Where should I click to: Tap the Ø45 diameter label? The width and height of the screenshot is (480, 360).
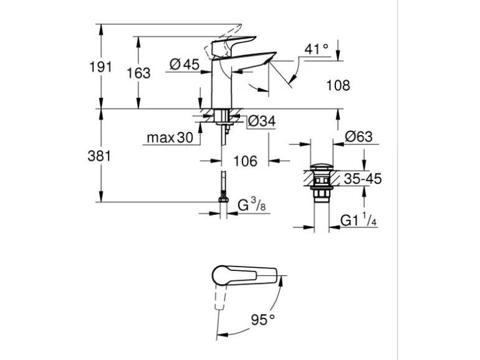coord(183,64)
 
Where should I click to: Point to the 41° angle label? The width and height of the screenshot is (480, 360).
coord(317,49)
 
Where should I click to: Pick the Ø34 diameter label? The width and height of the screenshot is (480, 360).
coord(261,122)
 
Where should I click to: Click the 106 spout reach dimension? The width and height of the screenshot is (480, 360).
coord(245,161)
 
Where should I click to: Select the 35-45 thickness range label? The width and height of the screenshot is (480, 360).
coord(362,179)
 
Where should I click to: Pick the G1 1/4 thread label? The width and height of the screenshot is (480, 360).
coord(358,220)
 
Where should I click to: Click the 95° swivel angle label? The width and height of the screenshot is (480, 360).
coord(264,320)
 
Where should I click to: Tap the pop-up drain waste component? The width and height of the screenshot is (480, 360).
coord(322,181)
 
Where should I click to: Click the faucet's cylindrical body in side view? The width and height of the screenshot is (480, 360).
coord(222,87)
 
